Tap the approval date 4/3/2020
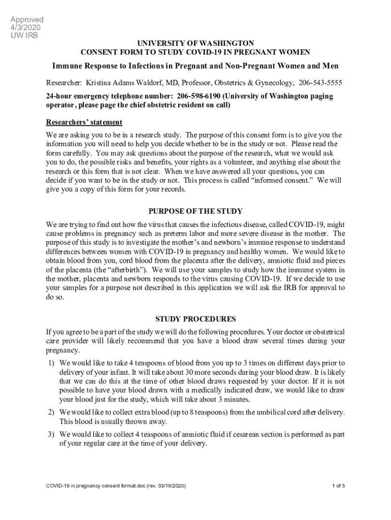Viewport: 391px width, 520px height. [x=25, y=27]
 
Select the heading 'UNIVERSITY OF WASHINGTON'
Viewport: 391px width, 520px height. [x=195, y=44]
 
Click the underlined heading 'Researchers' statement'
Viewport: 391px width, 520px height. [x=84, y=122]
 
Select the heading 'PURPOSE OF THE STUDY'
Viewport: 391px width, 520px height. [x=195, y=211]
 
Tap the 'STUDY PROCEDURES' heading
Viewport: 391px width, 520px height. [x=195, y=319]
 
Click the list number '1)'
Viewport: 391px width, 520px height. [x=51, y=363]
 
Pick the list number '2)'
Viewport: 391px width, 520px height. [x=51, y=412]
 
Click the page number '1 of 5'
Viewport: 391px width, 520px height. [x=338, y=486]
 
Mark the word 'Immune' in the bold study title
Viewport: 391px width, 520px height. [x=67, y=67]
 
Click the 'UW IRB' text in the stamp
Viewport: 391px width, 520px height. [x=25, y=35]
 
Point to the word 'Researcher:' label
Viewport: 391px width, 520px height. [x=63, y=82]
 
